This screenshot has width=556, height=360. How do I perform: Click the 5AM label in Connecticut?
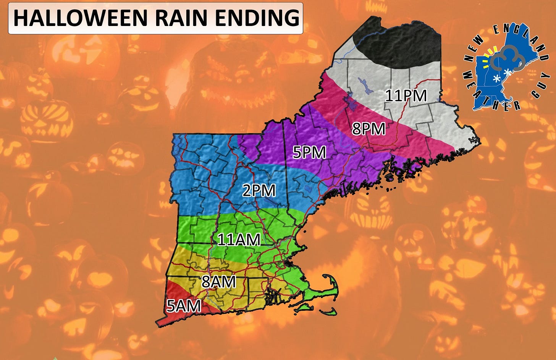pyautogui.click(x=184, y=306)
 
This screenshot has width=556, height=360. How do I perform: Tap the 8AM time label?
pyautogui.click(x=218, y=282)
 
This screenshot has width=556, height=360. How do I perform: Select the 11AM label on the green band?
pyautogui.click(x=239, y=240)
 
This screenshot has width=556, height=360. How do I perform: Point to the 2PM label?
pyautogui.click(x=259, y=190)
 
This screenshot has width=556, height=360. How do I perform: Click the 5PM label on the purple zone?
pyautogui.click(x=309, y=152)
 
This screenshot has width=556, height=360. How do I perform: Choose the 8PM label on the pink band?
pyautogui.click(x=369, y=129)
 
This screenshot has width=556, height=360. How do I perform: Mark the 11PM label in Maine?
pyautogui.click(x=406, y=96)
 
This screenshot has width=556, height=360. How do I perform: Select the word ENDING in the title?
pyautogui.click(x=257, y=18)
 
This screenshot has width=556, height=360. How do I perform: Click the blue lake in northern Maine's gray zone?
pyautogui.click(x=362, y=86)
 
